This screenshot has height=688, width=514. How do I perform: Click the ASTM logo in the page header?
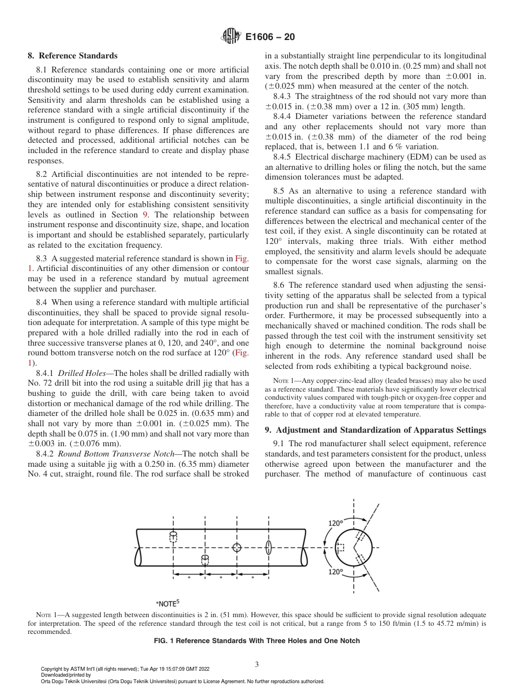pyautogui.click(x=230, y=37)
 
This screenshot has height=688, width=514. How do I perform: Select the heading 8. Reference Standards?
pyautogui.click(x=73, y=56)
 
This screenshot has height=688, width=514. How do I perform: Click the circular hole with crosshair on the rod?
pyautogui.click(x=236, y=547)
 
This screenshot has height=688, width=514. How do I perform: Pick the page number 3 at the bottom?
pyautogui.click(x=257, y=664)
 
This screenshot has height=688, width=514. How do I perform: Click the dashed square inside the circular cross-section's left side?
pyautogui.click(x=340, y=547)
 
